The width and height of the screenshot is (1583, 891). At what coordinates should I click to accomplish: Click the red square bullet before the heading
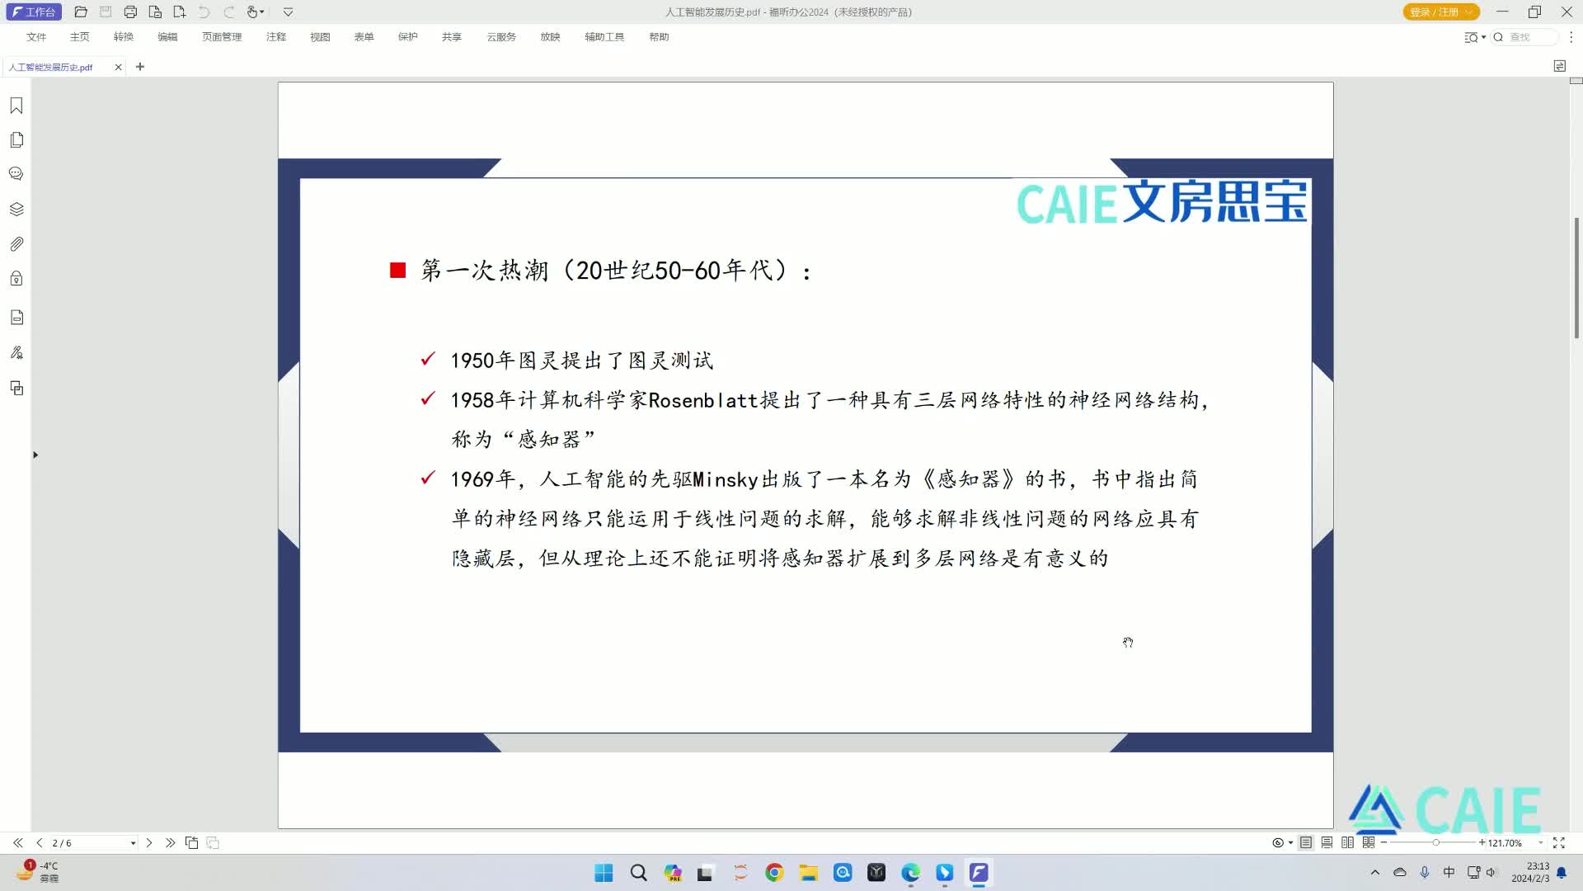tap(397, 270)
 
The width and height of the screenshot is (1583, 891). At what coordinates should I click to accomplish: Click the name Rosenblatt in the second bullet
tap(702, 400)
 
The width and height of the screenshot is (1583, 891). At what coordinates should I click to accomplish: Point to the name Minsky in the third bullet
tap(726, 480)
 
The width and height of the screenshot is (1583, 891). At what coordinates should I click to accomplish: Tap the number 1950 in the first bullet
tap(472, 361)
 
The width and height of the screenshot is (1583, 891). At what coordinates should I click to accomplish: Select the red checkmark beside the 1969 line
tap(428, 478)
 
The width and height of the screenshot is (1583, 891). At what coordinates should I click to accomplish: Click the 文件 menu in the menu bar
tap(36, 37)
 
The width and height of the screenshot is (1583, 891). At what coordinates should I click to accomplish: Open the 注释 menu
tap(276, 37)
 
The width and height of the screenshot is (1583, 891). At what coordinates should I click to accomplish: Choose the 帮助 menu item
tap(659, 37)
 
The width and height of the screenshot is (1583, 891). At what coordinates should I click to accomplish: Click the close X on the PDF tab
tap(119, 67)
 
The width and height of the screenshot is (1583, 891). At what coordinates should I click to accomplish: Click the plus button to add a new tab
tap(140, 67)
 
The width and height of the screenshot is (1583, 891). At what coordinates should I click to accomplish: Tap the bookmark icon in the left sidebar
tap(16, 106)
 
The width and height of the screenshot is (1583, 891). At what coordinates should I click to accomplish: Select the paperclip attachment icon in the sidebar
tap(16, 244)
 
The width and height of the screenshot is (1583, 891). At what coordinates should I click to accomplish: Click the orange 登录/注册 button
tap(1441, 12)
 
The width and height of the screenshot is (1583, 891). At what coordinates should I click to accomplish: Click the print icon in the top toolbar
tap(130, 12)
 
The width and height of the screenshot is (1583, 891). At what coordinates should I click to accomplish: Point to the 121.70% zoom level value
tap(1505, 843)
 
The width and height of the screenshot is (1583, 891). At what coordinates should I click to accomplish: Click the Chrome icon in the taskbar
tap(774, 873)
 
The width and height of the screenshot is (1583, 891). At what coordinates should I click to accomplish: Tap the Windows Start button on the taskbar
tap(604, 873)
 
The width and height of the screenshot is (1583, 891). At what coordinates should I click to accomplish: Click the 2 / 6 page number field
tap(91, 843)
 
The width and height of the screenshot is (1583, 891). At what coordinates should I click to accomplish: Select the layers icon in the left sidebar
tap(16, 210)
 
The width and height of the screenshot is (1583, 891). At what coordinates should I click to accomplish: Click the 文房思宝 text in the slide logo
tap(1215, 202)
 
